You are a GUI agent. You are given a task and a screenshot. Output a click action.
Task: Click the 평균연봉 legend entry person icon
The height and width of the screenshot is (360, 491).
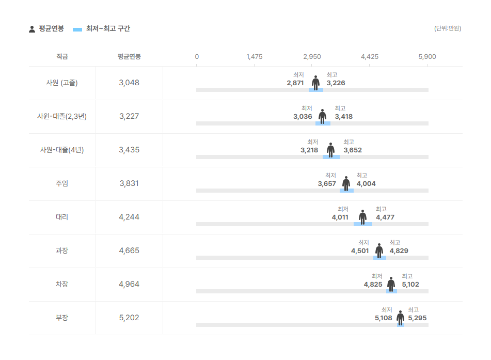click(x=32, y=29)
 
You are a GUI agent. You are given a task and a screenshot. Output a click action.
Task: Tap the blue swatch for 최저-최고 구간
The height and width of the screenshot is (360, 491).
click(x=78, y=29)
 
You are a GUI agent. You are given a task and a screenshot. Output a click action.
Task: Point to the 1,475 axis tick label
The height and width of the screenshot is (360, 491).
click(x=255, y=57)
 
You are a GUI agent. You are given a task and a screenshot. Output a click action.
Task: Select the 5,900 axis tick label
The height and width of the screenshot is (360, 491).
click(x=427, y=57)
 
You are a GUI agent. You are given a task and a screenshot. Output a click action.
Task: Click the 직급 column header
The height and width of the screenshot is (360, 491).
click(x=62, y=57)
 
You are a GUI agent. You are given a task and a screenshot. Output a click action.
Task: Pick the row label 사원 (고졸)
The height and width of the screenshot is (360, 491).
click(x=62, y=83)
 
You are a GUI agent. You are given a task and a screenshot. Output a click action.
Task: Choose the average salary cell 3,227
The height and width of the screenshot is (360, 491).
click(x=129, y=116)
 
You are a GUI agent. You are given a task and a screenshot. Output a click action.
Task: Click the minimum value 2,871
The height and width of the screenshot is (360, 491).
click(x=295, y=83)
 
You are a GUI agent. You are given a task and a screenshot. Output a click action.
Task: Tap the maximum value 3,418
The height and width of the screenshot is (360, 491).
click(x=344, y=117)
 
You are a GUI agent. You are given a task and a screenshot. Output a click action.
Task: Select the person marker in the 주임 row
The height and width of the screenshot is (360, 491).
click(x=346, y=183)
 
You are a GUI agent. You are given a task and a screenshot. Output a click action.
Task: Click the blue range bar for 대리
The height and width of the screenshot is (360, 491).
click(x=363, y=224)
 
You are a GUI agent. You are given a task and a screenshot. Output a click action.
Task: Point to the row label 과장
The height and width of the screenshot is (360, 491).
click(x=62, y=251)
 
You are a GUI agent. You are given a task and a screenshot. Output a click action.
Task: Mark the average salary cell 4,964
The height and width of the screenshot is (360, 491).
click(x=129, y=284)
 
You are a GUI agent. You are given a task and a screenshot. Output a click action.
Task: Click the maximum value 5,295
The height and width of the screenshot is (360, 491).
click(x=417, y=318)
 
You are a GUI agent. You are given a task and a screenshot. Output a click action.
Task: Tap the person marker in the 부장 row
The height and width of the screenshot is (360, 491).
click(x=400, y=317)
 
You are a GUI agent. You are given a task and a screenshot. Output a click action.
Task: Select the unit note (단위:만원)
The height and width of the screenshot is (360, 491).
click(x=448, y=28)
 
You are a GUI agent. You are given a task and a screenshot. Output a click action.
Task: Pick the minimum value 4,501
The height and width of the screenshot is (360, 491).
click(x=360, y=251)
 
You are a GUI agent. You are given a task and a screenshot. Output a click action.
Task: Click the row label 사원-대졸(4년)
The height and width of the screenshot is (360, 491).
click(x=62, y=150)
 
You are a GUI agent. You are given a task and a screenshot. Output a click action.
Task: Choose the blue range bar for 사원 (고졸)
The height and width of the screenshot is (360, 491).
click(x=316, y=90)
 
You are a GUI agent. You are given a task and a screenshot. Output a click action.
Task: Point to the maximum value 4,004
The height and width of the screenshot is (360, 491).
click(x=366, y=184)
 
